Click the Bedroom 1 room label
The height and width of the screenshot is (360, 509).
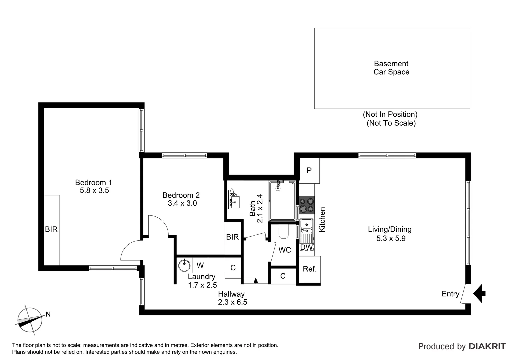coord(93,182)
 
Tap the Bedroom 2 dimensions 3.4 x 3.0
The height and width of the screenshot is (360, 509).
coord(182,203)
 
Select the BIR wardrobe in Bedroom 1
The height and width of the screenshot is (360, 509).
coord(52,230)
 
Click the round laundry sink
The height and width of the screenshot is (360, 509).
coord(184,265)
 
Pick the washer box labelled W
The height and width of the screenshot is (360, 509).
coord(200,265)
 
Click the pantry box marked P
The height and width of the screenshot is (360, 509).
coord(309,171)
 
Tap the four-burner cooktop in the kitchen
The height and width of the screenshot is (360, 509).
coord(306,205)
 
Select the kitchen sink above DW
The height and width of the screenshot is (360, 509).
coord(306,226)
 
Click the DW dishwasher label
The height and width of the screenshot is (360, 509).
coord(306,248)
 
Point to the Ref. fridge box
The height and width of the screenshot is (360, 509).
coord(309,269)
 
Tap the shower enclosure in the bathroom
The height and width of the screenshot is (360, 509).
coord(282,201)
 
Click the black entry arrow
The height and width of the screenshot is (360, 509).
coord(479,293)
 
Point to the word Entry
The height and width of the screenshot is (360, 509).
coord(450,294)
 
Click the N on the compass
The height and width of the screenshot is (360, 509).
coord(48,314)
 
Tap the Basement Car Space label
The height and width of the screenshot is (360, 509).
coord(391,68)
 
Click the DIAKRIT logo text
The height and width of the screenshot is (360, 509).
coord(487,346)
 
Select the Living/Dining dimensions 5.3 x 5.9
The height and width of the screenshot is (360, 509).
coord(391,239)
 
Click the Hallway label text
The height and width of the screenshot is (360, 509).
coord(231,294)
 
